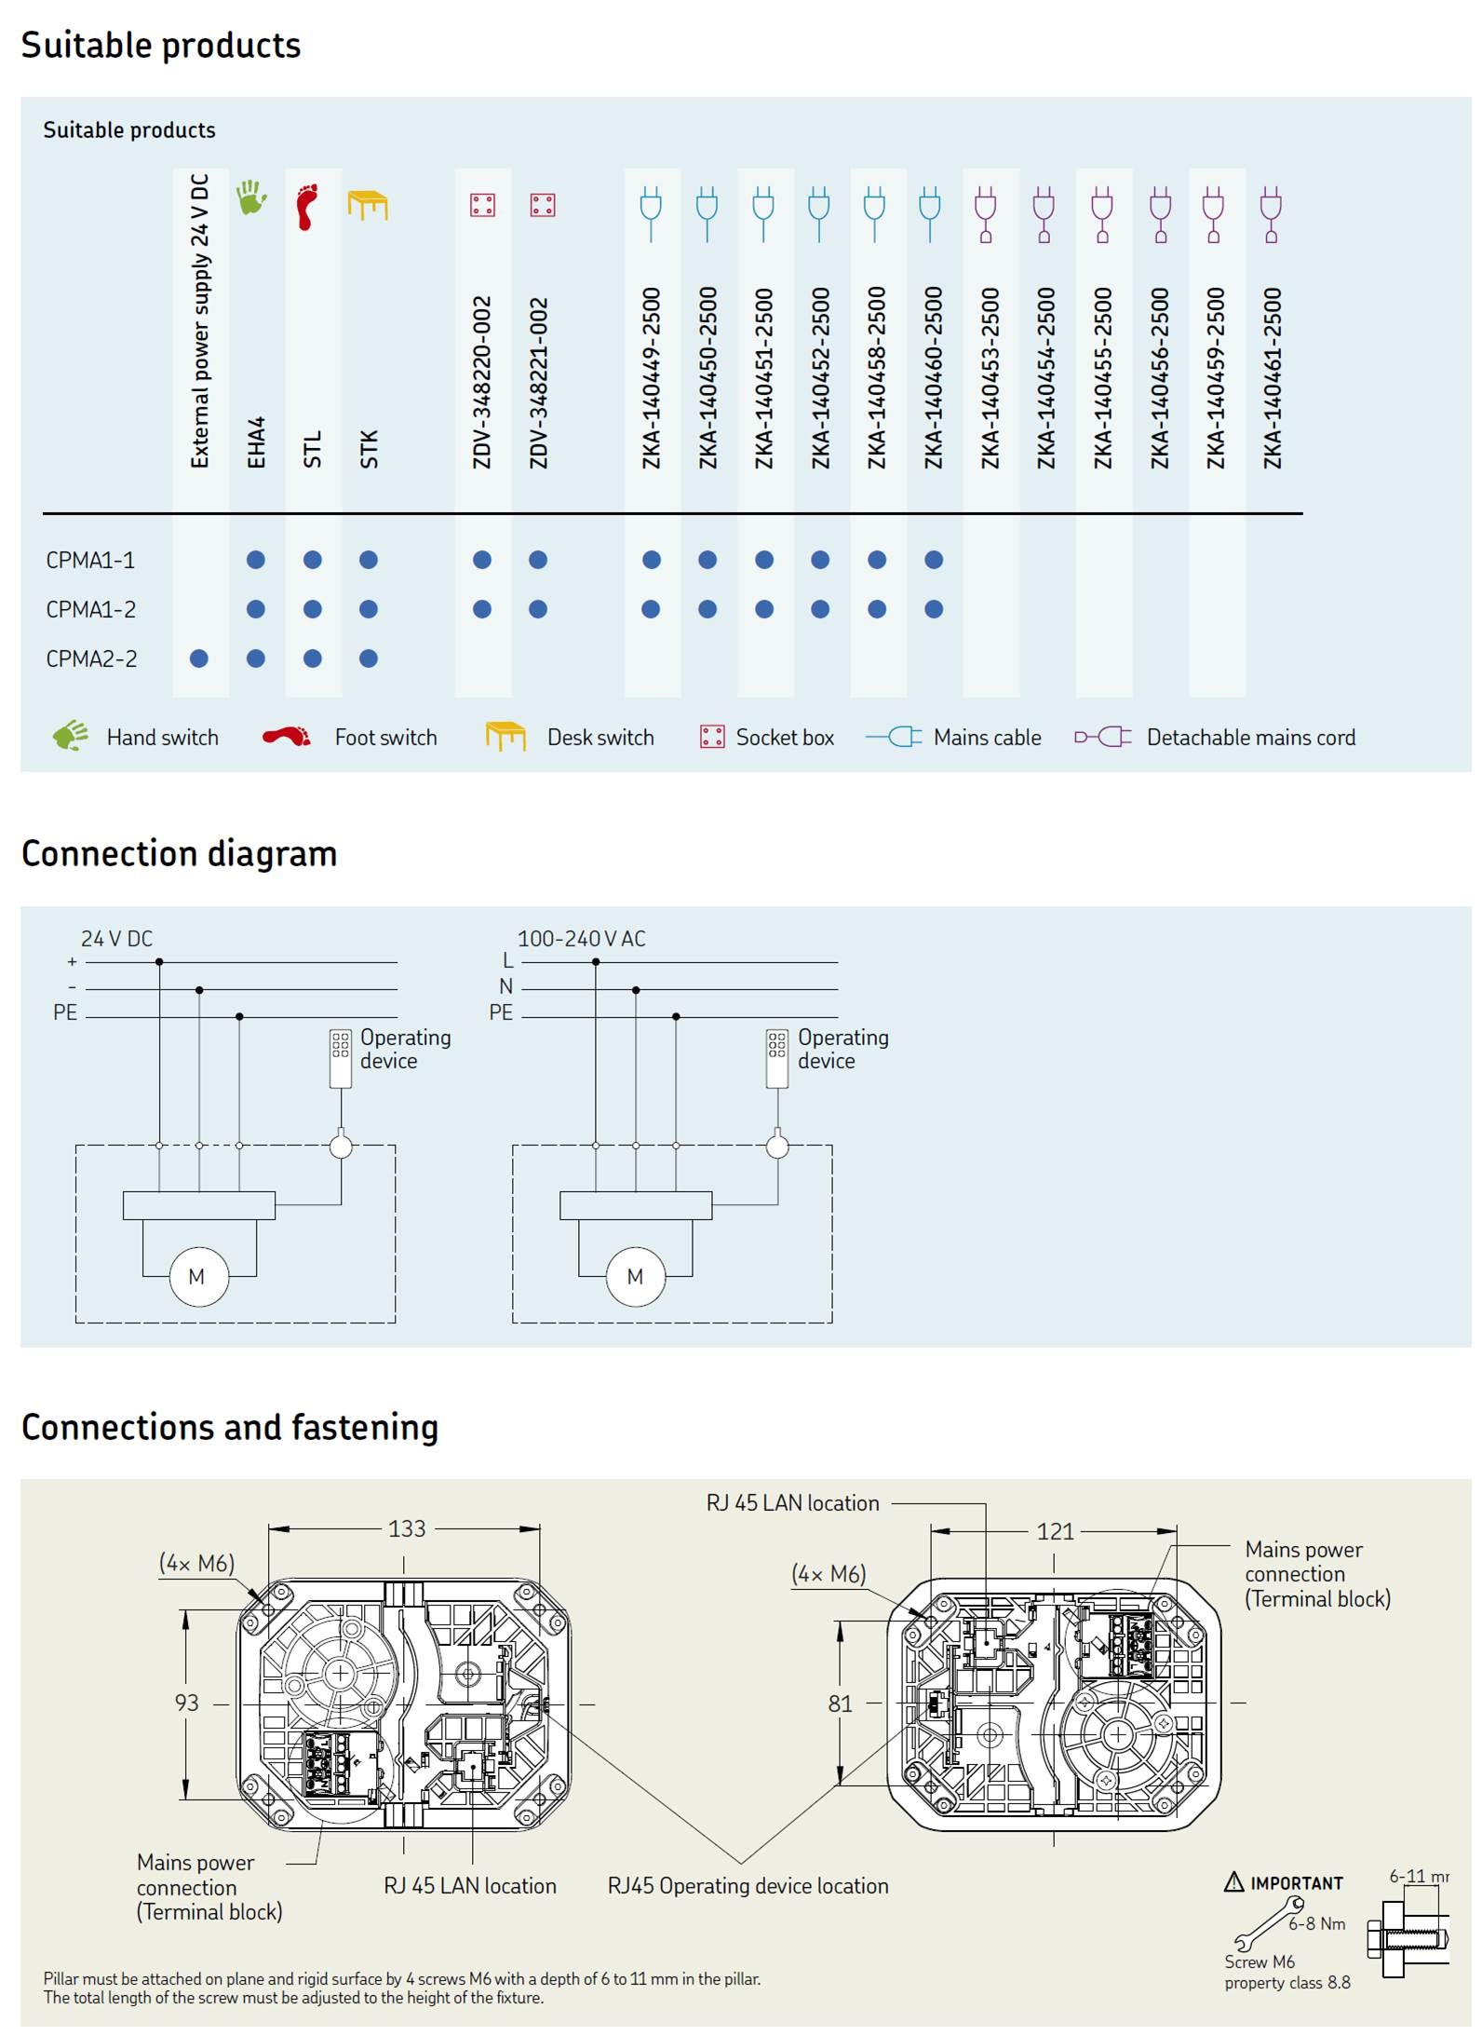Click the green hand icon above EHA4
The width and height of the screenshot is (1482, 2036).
(x=251, y=197)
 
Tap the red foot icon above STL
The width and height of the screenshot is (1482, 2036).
(x=307, y=206)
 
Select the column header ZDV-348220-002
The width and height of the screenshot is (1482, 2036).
(x=481, y=382)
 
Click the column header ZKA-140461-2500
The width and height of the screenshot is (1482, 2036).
(x=1272, y=378)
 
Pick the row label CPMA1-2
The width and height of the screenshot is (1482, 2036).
(x=91, y=609)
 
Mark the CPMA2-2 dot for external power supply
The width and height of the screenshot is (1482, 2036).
(x=198, y=658)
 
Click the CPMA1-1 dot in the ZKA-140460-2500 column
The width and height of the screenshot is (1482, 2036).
(x=934, y=560)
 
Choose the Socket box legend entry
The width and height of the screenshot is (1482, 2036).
(x=767, y=738)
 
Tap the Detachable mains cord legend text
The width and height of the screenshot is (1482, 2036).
(x=1250, y=738)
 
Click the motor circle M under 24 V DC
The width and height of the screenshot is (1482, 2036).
(x=198, y=1276)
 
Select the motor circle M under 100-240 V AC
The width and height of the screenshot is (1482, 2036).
(x=636, y=1276)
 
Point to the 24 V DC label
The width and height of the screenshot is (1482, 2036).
(x=116, y=939)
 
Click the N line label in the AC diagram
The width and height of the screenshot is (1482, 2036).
(x=505, y=986)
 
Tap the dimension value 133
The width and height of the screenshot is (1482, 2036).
(x=407, y=1528)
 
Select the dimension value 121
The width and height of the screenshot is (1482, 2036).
(x=1055, y=1531)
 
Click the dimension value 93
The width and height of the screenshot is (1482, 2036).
(x=186, y=1703)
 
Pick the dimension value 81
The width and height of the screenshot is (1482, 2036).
(x=840, y=1703)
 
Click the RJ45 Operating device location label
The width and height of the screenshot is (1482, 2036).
(x=748, y=1886)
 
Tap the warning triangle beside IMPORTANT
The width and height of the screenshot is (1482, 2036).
(x=1234, y=1881)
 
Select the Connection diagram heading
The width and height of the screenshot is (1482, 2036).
(x=179, y=853)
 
